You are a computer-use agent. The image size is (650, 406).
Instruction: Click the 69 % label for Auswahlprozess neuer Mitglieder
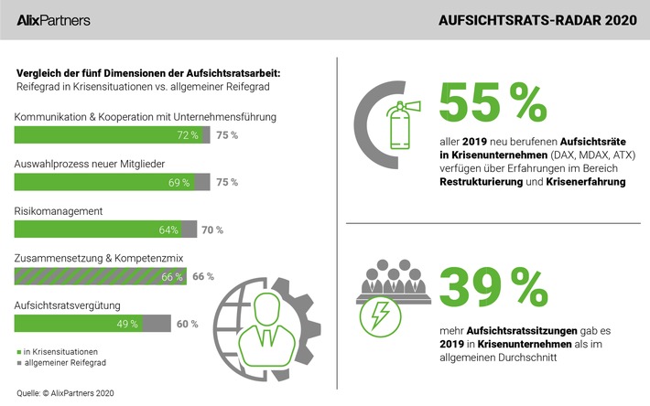[x=178, y=182]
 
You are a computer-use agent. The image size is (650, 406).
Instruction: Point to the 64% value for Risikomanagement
[x=168, y=230]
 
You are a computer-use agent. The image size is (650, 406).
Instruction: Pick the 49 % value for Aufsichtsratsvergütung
[x=127, y=323]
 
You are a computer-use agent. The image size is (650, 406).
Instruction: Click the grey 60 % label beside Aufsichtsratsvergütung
[x=188, y=323]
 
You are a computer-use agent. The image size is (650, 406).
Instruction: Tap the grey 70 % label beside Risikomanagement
[x=212, y=230]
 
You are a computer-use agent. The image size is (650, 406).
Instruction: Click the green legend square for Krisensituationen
[x=18, y=351]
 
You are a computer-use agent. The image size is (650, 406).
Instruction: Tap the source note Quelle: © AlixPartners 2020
[x=64, y=392]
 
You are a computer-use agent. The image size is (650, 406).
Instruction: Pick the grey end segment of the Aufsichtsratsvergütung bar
[x=157, y=323]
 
